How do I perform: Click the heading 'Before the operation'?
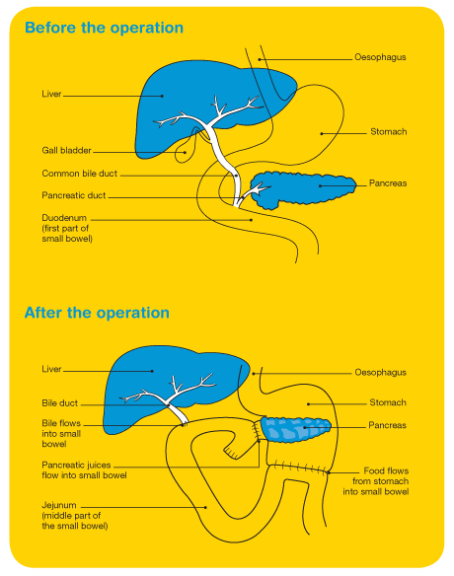pos(104,28)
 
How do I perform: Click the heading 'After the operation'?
pos(97,313)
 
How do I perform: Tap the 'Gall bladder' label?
pos(66,150)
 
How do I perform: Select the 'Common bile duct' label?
pos(79,174)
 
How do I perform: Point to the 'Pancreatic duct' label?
pos(73,195)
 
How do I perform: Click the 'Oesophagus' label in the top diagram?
pos(380,57)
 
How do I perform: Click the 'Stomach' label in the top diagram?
pos(389,132)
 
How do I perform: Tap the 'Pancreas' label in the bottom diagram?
pos(387,425)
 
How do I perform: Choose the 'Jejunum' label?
pos(59,505)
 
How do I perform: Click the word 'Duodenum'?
pos(64,218)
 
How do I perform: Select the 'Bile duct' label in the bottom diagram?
pos(59,403)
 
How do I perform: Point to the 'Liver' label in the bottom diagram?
pos(51,369)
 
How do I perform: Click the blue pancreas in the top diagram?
pos(304,189)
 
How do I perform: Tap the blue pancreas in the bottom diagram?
pos(295,429)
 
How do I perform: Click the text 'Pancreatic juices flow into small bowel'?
pos(84,470)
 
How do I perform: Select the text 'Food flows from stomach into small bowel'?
pos(376,481)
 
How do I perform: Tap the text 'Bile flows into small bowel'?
pos(61,433)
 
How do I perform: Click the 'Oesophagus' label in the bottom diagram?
pos(381,373)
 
